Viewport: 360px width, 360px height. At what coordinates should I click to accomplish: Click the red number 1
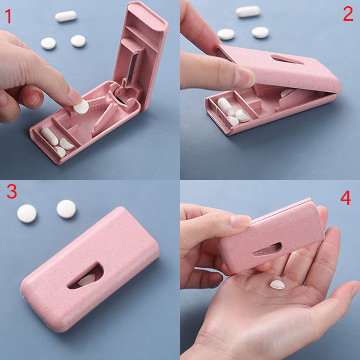(8, 17)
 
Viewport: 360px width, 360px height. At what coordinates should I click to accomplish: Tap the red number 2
(348, 14)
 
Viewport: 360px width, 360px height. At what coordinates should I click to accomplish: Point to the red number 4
(346, 198)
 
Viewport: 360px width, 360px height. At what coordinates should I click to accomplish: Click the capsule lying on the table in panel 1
(66, 16)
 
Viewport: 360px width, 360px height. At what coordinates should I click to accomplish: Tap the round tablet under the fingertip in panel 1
(81, 107)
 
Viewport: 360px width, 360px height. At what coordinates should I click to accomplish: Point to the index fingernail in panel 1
(75, 95)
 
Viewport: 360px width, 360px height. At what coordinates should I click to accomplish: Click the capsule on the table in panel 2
(247, 11)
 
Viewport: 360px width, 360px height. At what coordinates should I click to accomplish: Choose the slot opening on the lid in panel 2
(287, 59)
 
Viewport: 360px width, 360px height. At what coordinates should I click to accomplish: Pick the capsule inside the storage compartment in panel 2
(225, 107)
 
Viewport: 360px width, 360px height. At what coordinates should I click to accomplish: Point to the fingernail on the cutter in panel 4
(240, 220)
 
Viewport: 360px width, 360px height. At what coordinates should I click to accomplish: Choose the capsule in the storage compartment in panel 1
(49, 136)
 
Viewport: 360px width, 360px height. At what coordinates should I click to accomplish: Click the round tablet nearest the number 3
(27, 213)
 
